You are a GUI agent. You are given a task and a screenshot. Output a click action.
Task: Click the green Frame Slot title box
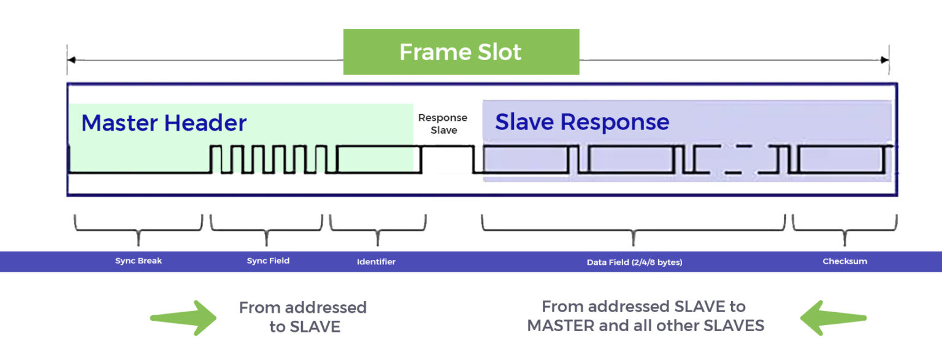[x=461, y=52]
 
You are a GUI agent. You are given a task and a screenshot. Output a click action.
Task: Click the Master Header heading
[x=164, y=123]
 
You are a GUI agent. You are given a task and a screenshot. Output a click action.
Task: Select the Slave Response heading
[x=582, y=122]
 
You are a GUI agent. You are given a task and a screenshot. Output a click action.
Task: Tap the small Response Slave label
[x=443, y=124]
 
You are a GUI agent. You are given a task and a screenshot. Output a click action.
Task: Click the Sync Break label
[x=139, y=261]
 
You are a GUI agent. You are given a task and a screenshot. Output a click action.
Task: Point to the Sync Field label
[x=268, y=261]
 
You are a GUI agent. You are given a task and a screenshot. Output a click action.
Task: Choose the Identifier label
[x=377, y=262]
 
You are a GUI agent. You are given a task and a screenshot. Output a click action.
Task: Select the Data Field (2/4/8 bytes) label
[x=634, y=262]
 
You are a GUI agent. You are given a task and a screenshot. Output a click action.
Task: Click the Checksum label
[x=844, y=261]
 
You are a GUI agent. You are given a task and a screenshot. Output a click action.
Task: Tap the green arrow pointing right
[x=183, y=318]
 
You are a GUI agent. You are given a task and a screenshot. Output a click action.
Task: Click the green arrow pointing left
[x=833, y=318]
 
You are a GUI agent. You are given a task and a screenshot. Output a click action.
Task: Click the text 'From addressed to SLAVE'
[x=303, y=316]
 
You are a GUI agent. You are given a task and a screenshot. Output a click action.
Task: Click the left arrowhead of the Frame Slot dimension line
[x=71, y=60]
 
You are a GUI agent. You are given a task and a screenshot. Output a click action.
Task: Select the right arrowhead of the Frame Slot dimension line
[x=885, y=60]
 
